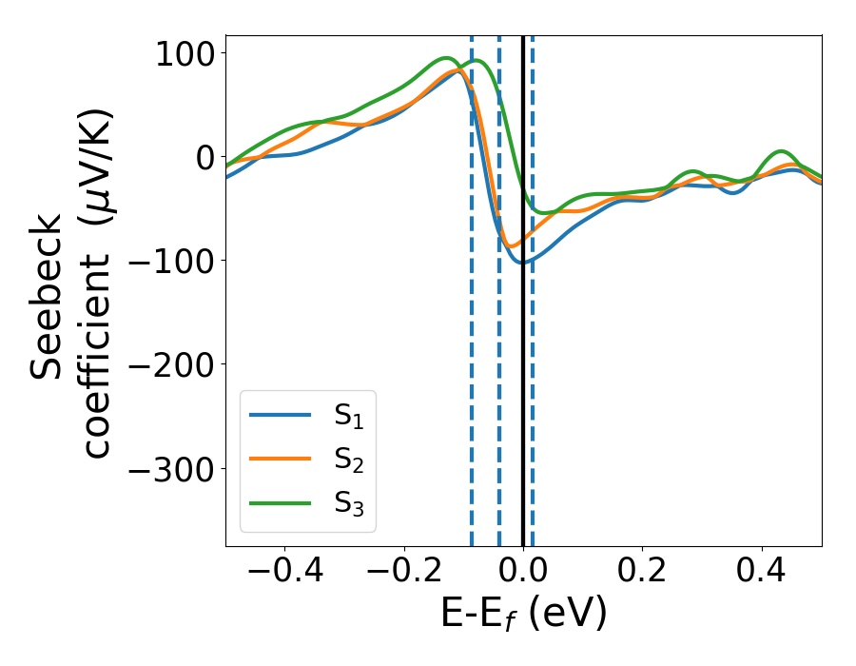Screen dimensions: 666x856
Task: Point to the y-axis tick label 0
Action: tap(203, 156)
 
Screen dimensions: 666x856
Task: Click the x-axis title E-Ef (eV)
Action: tap(523, 615)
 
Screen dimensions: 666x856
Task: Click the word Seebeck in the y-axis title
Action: tap(48, 295)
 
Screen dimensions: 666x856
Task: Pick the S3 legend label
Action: tap(348, 503)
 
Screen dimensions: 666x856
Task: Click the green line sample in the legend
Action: tap(281, 502)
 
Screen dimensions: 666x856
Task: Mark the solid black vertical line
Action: tap(522, 381)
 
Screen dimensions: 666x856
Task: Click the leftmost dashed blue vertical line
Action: tap(471, 381)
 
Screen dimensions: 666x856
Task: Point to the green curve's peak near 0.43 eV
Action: tap(781, 151)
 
